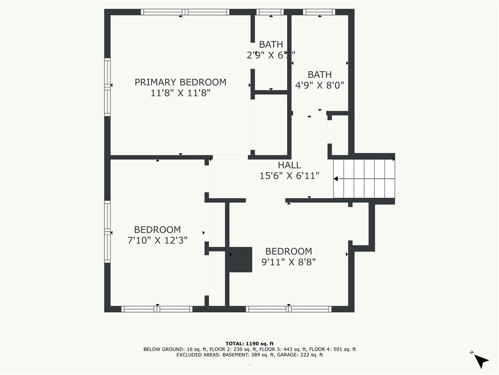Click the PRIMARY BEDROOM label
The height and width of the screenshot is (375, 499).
pyautogui.click(x=180, y=82)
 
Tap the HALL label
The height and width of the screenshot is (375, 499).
pyautogui.click(x=289, y=165)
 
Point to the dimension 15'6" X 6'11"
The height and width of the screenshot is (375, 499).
pyautogui.click(x=289, y=176)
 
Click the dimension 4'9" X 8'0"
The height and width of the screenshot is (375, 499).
pyautogui.click(x=320, y=85)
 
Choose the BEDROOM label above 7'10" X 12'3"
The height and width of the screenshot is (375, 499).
pyautogui.click(x=157, y=229)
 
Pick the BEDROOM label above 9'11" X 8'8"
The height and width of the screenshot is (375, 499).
pyautogui.click(x=288, y=251)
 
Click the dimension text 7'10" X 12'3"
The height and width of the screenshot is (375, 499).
pyautogui.click(x=157, y=240)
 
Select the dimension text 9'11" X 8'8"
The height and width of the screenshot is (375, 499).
pyautogui.click(x=288, y=262)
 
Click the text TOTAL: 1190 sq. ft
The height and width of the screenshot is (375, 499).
pyautogui.click(x=249, y=343)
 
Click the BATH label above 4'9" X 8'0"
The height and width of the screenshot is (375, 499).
pyautogui.click(x=320, y=74)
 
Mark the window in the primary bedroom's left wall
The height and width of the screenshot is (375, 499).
pyautogui.click(x=107, y=87)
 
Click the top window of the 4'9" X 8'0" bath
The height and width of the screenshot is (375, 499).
pyautogui.click(x=319, y=12)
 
